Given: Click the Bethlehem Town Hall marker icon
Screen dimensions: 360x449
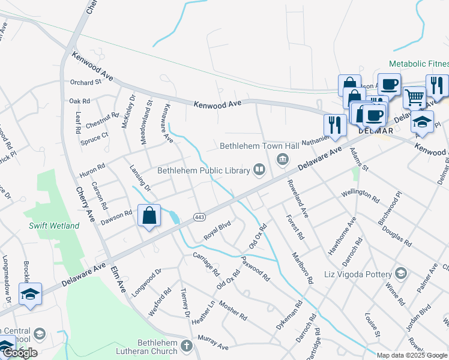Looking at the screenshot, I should (282, 159).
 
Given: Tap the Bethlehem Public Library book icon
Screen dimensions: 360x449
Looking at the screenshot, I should (259, 170).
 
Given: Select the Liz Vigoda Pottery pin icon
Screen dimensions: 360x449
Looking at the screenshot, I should (401, 274).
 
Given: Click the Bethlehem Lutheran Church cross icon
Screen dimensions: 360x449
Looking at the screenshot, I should (186, 346).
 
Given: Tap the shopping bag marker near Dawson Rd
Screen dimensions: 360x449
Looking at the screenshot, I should (149, 215).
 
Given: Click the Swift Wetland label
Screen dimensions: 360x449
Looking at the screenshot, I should (54, 226).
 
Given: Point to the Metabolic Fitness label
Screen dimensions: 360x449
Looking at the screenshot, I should (419, 64).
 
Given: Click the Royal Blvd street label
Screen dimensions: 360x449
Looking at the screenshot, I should (217, 231).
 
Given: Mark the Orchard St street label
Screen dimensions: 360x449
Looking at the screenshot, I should (86, 82).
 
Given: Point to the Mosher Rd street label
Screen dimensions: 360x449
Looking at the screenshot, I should (232, 310).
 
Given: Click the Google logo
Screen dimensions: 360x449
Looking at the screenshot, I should (20, 353).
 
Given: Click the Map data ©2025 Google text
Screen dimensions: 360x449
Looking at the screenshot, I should (411, 355).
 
